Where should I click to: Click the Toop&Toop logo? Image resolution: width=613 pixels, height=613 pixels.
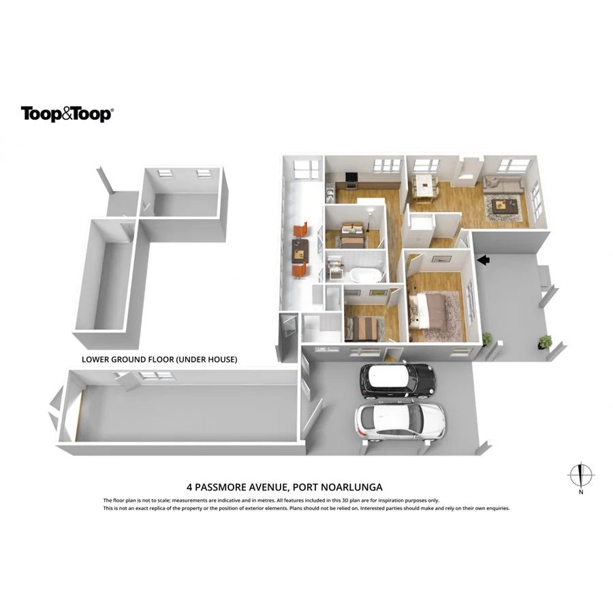pos(66,114)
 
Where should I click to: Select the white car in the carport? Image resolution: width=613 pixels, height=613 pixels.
pos(400,420)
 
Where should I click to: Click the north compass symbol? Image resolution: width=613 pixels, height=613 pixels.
pos(580,475)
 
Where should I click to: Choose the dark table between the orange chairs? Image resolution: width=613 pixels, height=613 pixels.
pos(299,250)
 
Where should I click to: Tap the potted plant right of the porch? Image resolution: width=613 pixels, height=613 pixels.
pos(544,341)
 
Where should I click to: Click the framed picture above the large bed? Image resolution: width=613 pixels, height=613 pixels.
pos(439,258)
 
